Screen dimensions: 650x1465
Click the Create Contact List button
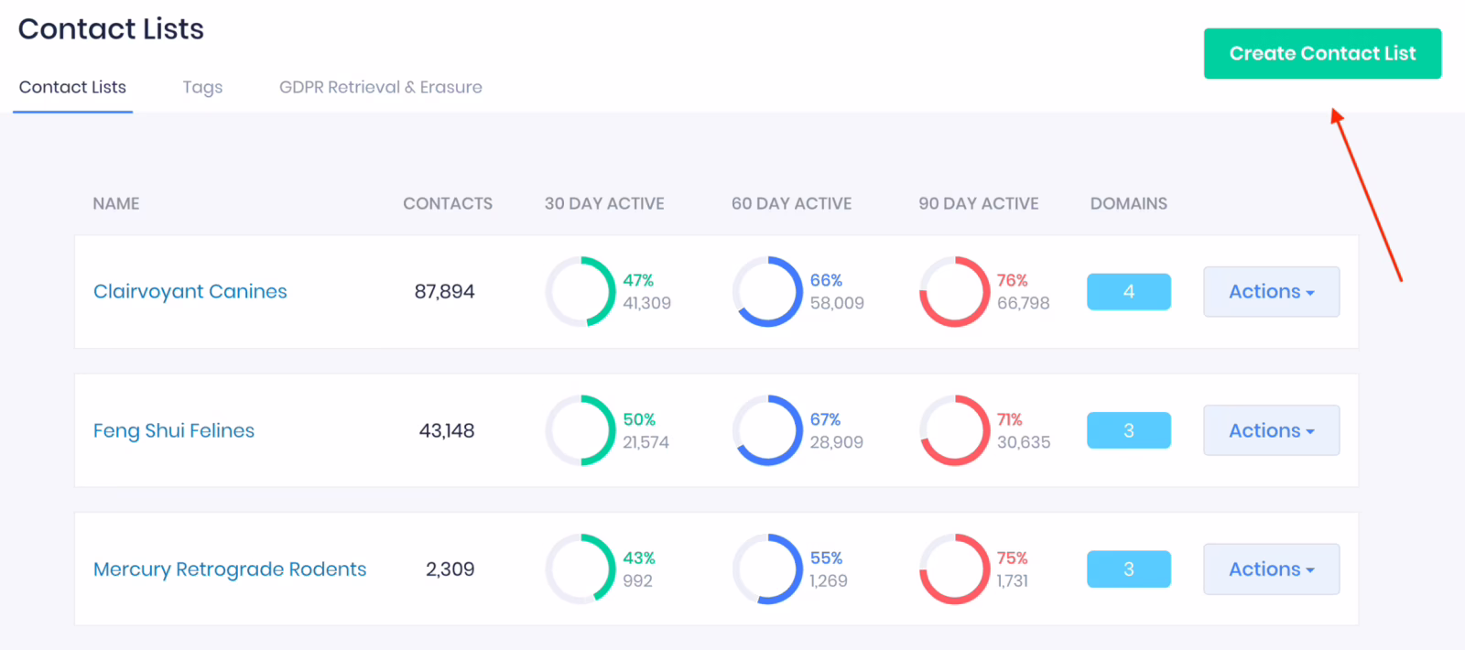(1321, 53)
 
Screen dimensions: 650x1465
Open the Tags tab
(202, 87)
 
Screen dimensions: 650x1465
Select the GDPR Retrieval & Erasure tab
(380, 87)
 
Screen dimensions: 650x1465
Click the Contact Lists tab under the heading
(72, 87)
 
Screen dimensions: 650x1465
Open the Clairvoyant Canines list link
(190, 291)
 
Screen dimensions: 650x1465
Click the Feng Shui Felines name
(174, 430)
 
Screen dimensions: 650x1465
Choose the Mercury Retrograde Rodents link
(230, 569)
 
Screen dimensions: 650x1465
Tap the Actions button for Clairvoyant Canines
(1271, 291)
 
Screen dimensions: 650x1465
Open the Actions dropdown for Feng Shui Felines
(1271, 430)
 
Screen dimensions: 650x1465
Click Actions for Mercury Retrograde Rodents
(1271, 569)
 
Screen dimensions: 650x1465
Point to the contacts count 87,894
(444, 291)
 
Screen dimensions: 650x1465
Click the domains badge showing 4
(1128, 291)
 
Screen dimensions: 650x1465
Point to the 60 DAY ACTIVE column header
(791, 203)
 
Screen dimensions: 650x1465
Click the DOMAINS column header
(1128, 203)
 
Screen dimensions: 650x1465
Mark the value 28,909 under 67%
(836, 442)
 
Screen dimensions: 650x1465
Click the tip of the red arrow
(1334, 111)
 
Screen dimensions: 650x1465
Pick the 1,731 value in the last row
(1013, 580)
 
